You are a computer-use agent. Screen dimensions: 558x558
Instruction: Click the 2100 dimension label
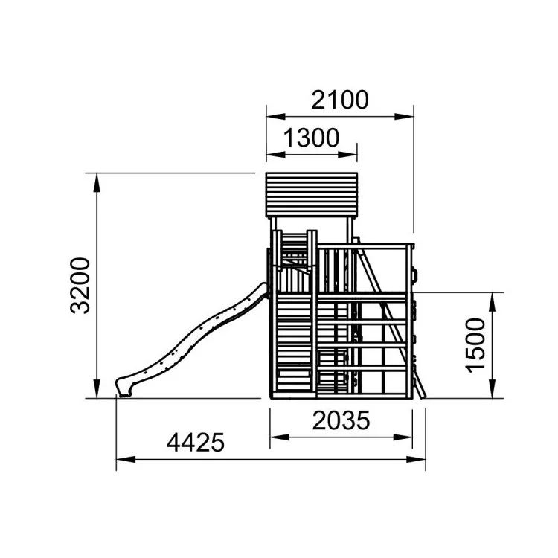coord(340,100)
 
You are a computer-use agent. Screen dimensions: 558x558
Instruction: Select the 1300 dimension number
coord(312,138)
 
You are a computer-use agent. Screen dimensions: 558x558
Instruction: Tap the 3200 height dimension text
coord(80,286)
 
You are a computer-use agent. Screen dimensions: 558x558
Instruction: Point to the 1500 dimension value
coord(475,345)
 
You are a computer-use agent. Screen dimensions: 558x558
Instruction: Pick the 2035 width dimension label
coord(341,420)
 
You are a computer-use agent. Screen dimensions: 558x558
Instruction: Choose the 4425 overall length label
coord(196,443)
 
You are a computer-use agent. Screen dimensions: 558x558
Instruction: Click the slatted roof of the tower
coord(312,194)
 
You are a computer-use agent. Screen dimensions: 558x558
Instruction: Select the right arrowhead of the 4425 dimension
coord(417,460)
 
